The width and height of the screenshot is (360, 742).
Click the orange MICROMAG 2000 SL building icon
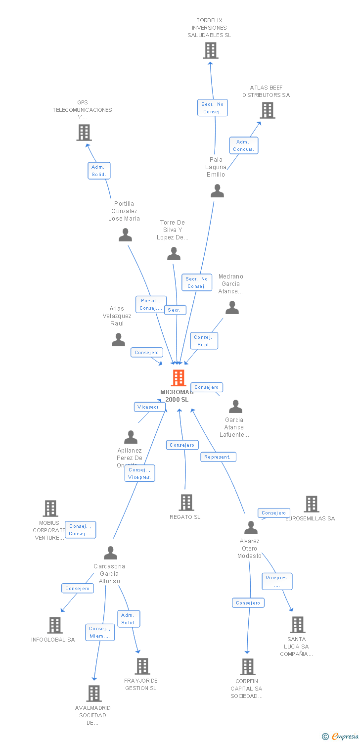coord(178,378)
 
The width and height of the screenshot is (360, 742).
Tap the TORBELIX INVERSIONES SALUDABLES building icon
coord(211,50)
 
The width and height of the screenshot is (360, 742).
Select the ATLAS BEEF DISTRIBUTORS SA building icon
coord(268,110)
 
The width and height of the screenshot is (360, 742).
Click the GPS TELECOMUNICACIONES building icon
coord(84,133)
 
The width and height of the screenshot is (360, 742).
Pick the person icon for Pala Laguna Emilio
coord(217,191)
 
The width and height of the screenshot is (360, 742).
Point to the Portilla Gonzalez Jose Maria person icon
coord(125,235)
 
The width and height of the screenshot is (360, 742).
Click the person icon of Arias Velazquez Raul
coord(118,340)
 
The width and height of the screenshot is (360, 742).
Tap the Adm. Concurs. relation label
coord(243,145)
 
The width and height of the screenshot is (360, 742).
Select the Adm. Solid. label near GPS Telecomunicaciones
coord(99,171)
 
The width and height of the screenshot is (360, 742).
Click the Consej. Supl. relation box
coord(204,341)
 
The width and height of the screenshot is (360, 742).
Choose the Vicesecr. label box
coord(150,407)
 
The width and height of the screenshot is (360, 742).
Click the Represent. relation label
coord(218,457)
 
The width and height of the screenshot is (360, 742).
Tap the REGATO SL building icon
coord(186,503)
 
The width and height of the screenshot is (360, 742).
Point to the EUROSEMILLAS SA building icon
coord(312,504)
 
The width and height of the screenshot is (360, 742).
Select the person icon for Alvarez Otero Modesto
coord(251,528)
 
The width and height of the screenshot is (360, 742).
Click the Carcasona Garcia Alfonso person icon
coord(110,553)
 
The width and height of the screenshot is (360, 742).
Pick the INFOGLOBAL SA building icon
coord(54,625)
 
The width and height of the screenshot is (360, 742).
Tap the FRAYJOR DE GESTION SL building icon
coord(142,666)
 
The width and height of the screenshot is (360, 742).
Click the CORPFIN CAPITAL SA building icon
coord(248,667)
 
